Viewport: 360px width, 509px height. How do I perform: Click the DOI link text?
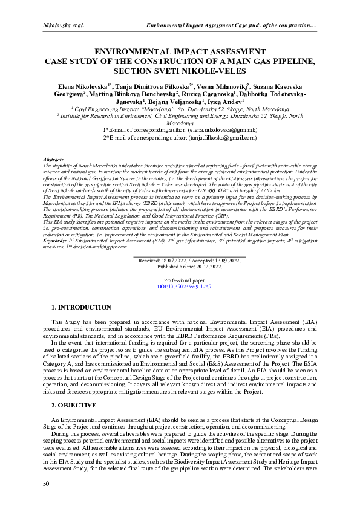pos(180,288)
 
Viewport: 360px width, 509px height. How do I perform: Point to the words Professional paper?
pos(180,281)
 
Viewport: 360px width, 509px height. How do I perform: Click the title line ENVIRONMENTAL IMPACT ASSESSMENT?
pos(180,53)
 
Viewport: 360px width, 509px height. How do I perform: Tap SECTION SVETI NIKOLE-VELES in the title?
pos(180,70)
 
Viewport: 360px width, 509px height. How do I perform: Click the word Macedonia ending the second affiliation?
pos(180,123)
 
